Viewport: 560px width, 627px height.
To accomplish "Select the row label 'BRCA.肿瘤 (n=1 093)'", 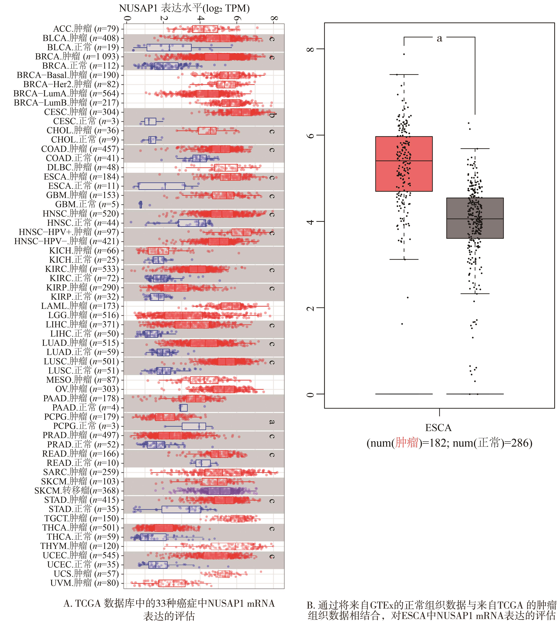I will click(77, 57).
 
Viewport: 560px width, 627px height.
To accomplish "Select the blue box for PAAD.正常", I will click(183, 408).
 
